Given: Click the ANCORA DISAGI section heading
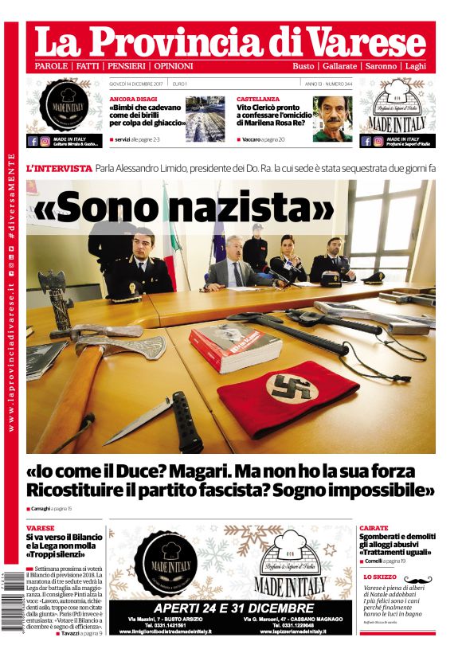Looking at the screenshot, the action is click(x=133, y=99).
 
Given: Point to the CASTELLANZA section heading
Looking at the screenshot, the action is click(x=258, y=99).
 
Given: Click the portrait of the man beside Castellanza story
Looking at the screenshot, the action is click(x=332, y=119).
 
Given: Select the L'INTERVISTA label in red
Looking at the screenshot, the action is click(x=59, y=169).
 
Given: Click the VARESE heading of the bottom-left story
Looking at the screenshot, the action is click(x=41, y=528).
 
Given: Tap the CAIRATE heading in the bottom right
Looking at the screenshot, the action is click(x=374, y=528).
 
